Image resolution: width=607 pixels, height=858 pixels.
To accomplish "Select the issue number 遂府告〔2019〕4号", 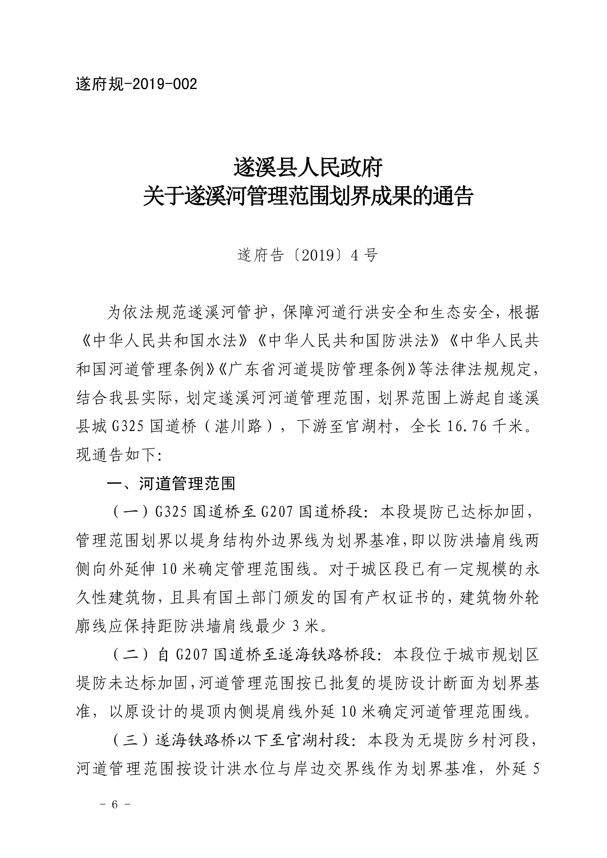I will (308, 256).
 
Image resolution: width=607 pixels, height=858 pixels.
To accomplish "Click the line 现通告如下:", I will (119, 455).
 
